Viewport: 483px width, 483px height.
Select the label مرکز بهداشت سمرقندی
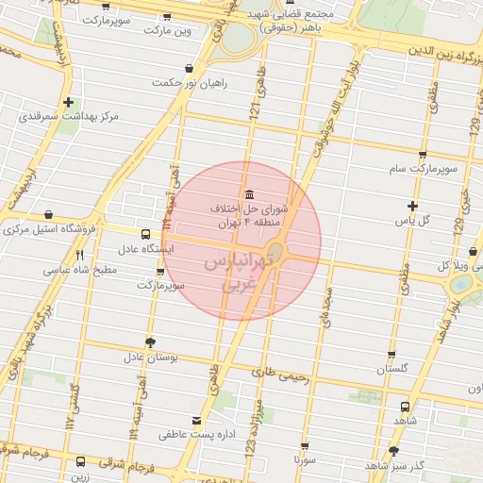click(69, 117)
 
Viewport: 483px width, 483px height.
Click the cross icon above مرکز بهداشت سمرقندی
click(68, 102)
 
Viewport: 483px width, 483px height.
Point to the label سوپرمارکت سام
click(426, 170)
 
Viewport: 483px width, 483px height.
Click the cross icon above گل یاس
click(412, 206)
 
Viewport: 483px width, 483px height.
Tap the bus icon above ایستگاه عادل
click(144, 234)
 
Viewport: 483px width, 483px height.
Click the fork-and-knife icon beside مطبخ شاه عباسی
click(80, 255)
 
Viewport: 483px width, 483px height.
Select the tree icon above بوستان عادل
click(149, 342)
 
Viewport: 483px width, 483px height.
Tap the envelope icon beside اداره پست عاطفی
click(196, 421)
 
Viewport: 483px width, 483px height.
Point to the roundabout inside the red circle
click(276, 252)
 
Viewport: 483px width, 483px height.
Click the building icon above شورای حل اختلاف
click(247, 193)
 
